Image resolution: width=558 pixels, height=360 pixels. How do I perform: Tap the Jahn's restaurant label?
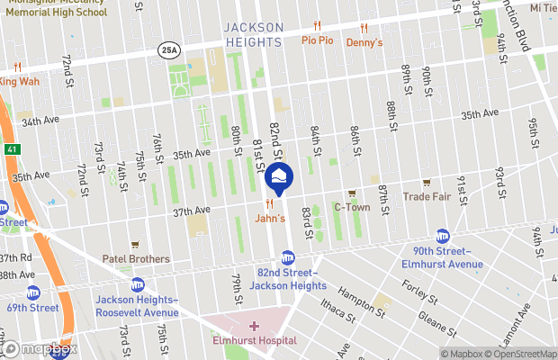click(x=270, y=218)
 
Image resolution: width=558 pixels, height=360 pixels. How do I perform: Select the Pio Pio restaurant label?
click(x=317, y=40)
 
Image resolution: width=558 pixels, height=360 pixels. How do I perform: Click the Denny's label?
click(x=364, y=41)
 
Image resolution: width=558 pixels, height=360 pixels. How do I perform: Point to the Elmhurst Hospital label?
click(x=254, y=340)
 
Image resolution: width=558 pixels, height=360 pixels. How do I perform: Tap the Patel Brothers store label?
click(x=135, y=258)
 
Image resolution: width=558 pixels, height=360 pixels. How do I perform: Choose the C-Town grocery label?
click(x=352, y=207)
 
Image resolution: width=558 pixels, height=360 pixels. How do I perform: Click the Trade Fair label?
click(x=426, y=195)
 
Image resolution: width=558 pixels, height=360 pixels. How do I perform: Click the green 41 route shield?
click(x=10, y=148)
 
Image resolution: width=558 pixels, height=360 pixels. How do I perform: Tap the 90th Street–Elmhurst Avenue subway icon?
click(x=442, y=235)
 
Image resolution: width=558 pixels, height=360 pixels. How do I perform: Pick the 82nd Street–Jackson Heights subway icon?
click(x=288, y=257)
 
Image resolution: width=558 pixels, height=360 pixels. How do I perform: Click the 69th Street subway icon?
click(x=33, y=292)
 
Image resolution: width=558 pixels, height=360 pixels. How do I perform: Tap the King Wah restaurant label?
click(x=20, y=82)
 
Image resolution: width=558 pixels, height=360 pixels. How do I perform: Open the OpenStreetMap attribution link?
click(x=522, y=354)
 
